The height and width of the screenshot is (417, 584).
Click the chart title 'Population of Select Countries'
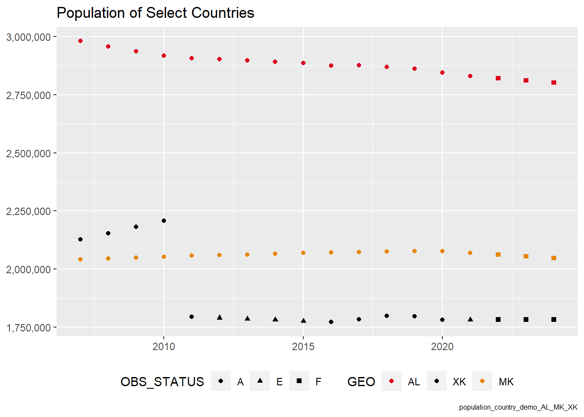tap(155, 13)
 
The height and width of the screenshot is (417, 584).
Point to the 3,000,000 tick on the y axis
tap(29, 37)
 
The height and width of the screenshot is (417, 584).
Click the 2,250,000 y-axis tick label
tap(29, 212)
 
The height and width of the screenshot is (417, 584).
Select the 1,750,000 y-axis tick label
tap(29, 328)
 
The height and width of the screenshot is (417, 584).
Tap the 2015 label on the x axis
tap(303, 347)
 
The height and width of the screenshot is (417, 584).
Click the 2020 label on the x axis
tap(442, 347)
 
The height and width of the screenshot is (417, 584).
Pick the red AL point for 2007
tap(80, 41)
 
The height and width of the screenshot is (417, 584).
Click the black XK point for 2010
tap(164, 221)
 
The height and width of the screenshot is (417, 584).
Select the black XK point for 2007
tap(80, 239)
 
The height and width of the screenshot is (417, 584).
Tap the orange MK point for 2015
tap(303, 253)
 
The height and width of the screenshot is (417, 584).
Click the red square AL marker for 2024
tap(554, 83)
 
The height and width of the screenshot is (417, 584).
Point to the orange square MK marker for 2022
tap(498, 255)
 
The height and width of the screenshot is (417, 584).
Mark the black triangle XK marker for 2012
tap(219, 318)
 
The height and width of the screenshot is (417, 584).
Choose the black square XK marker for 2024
tap(554, 320)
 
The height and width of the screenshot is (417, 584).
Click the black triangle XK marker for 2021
tap(470, 319)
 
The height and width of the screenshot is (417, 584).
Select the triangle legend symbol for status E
tap(260, 381)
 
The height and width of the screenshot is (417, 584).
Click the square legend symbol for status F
tap(299, 381)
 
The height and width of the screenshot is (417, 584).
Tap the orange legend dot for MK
tap(482, 381)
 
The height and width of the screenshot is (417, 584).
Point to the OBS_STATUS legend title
tap(162, 382)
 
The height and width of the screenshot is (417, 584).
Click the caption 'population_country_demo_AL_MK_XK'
tap(518, 407)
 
